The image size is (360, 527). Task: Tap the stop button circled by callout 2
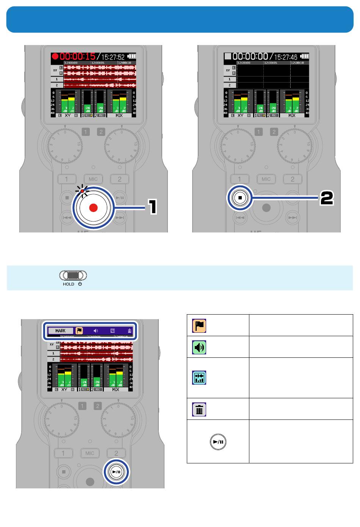click(240, 198)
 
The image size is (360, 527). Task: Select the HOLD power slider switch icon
click(73, 275)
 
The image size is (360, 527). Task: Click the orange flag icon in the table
click(199, 326)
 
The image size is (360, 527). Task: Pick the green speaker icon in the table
click(199, 347)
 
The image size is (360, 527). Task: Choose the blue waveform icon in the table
click(199, 378)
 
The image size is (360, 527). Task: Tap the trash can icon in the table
click(199, 410)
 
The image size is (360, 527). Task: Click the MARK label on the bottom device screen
click(61, 331)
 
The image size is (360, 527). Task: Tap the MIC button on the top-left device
click(93, 179)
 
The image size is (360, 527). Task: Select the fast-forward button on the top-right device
click(292, 218)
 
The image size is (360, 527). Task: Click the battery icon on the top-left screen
click(131, 56)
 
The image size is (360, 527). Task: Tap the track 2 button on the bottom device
click(116, 453)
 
